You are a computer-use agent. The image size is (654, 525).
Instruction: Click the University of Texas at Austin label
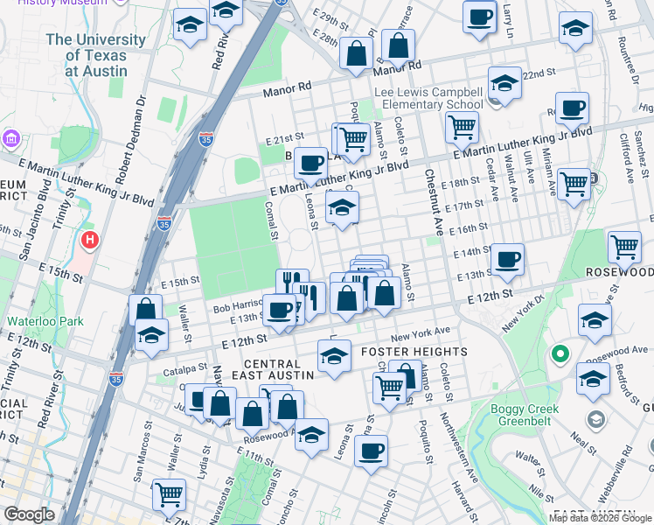[x=95, y=55]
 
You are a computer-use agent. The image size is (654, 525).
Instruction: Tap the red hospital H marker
[x=88, y=241]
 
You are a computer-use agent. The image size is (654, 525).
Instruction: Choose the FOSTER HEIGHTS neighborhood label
[x=414, y=352]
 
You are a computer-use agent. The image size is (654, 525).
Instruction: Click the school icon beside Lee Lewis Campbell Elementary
[x=504, y=84]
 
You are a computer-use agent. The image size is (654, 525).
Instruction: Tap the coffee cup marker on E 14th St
[x=507, y=259]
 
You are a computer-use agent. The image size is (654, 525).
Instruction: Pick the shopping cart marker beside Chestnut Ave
[x=462, y=128]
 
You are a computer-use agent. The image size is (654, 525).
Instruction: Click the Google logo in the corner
[x=29, y=514]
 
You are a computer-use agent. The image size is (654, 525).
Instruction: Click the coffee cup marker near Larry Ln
[x=479, y=17]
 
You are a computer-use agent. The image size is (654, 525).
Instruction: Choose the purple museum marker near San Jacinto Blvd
[x=10, y=139]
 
